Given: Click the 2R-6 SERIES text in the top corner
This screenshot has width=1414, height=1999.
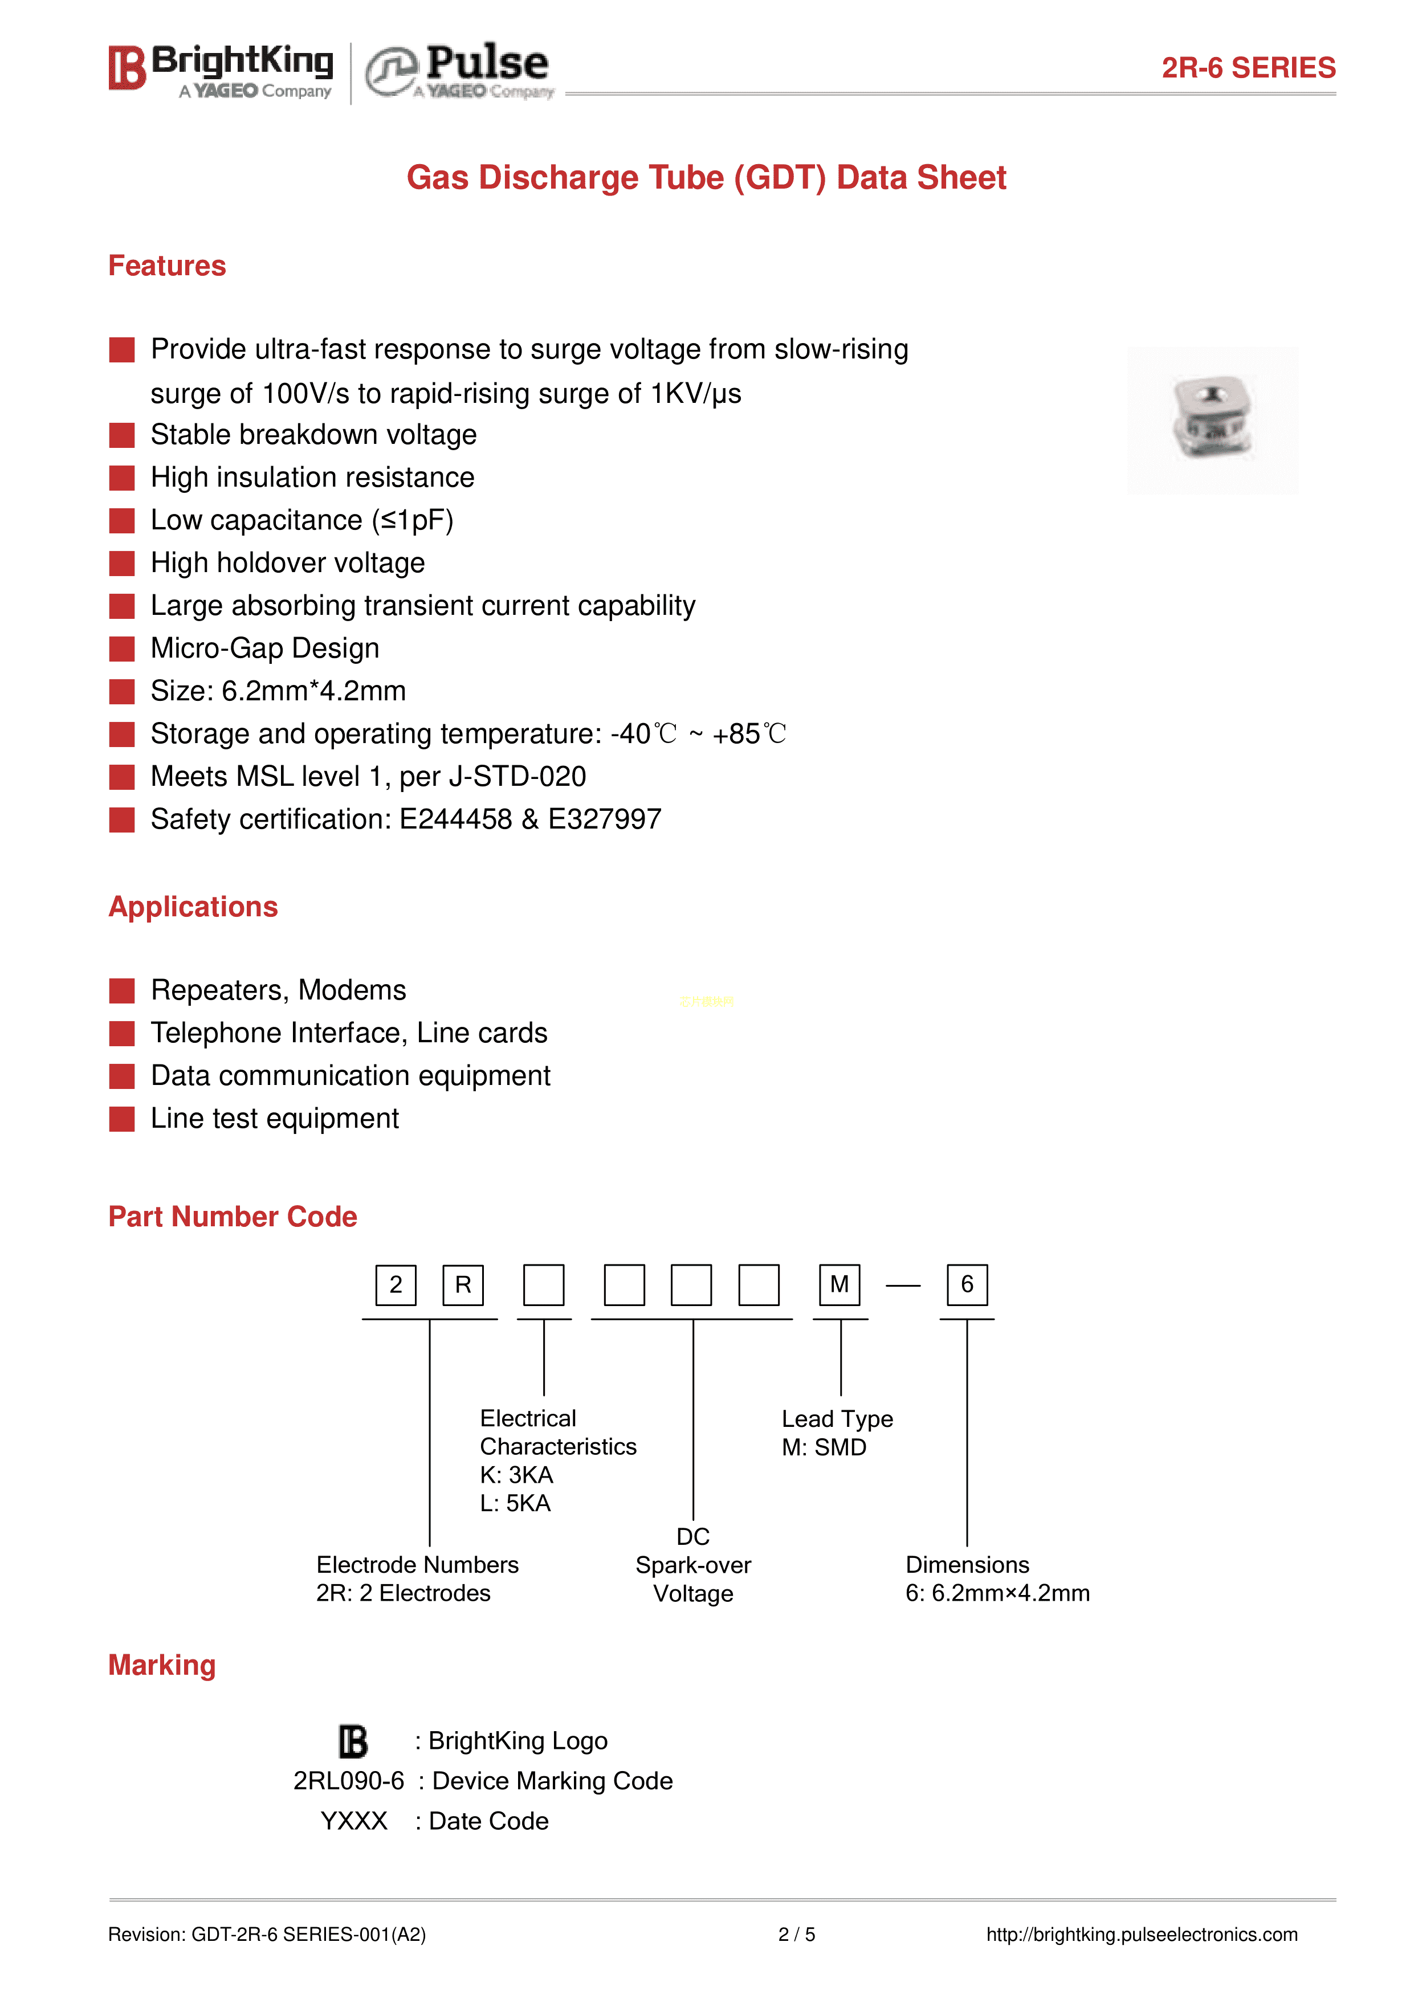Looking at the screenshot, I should (x=1248, y=68).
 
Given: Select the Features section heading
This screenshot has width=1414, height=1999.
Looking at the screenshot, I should (x=167, y=266).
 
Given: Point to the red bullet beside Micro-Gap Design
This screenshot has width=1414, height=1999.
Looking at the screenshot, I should (x=122, y=648).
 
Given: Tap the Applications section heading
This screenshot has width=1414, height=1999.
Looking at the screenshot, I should (x=193, y=907).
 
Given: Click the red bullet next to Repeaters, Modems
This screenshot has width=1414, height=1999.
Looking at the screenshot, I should (x=122, y=991).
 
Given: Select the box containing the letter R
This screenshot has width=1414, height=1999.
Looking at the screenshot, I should (x=463, y=1285).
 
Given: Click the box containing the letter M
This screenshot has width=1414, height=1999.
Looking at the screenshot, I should (x=840, y=1285).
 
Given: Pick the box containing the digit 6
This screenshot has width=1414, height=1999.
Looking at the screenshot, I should (x=967, y=1285).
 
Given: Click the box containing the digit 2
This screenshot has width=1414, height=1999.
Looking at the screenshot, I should (x=396, y=1285).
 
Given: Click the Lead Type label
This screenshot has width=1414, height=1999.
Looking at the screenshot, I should (x=837, y=1419).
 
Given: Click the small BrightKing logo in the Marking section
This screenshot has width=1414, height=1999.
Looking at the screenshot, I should (x=353, y=1741).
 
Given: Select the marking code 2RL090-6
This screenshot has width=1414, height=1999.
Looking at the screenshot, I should (x=348, y=1781).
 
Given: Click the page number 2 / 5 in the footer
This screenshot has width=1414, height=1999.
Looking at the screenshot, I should (x=797, y=1935).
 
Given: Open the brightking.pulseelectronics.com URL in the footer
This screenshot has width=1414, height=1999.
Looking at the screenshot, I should (x=1142, y=1935).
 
